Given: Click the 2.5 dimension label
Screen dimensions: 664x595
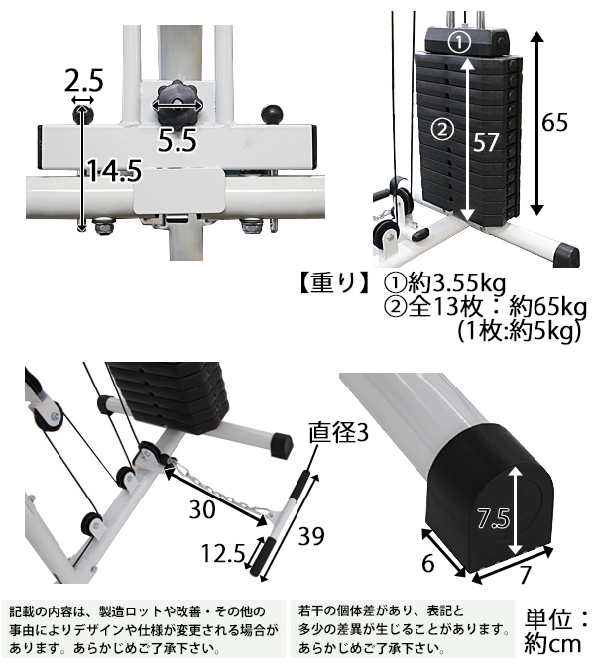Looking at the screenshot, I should tap(82, 79).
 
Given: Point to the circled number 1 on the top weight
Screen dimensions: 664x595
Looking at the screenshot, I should tap(457, 42).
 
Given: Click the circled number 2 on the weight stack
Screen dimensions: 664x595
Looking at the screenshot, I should tap(442, 128).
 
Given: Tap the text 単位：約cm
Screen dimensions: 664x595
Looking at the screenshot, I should tap(559, 631).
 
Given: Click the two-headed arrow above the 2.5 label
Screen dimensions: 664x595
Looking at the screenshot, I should tap(82, 100).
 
